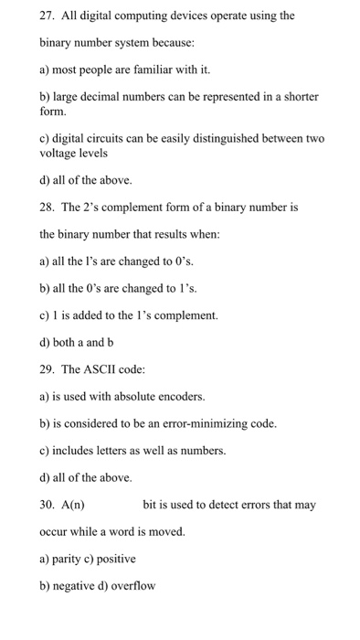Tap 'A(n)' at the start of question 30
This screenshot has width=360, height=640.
pyautogui.click(x=73, y=504)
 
